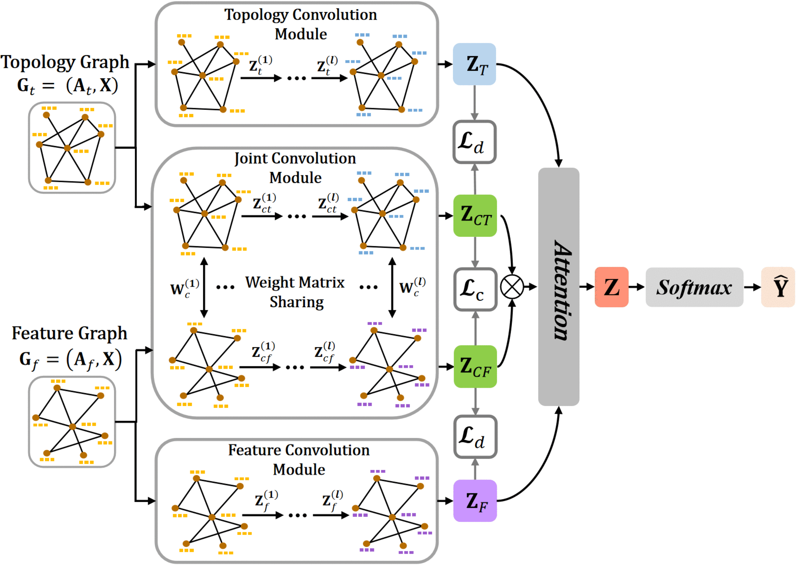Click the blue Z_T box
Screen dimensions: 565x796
tap(474, 64)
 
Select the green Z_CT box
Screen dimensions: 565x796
tap(475, 216)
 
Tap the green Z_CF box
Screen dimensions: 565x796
tap(475, 366)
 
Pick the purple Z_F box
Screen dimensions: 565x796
tap(475, 501)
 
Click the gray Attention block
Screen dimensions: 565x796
tap(558, 287)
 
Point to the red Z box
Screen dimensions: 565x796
tap(612, 287)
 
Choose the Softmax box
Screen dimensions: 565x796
tap(694, 287)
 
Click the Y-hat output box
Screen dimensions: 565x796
tap(778, 287)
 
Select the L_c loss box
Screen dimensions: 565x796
tap(475, 289)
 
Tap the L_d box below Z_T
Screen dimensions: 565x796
tap(474, 142)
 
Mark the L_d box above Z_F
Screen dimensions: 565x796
tap(475, 437)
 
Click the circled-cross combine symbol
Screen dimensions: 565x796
tap(512, 287)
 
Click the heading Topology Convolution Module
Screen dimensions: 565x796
tap(301, 24)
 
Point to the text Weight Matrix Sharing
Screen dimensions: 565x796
tap(295, 292)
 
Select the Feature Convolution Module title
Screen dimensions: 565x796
tap(299, 459)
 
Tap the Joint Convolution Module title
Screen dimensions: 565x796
tap(295, 168)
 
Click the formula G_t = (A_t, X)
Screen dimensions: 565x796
tap(67, 86)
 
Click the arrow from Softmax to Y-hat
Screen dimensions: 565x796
tap(752, 287)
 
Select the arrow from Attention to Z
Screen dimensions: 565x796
tap(587, 287)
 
